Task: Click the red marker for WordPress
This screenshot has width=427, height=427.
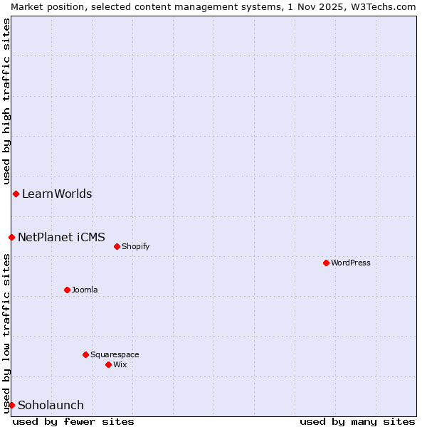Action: (x=326, y=263)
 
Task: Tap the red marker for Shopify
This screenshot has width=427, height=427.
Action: (x=117, y=246)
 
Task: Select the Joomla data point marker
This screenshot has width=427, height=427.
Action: (x=67, y=290)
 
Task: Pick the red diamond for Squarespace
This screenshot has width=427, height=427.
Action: (x=85, y=354)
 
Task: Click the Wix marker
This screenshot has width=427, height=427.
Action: (x=108, y=364)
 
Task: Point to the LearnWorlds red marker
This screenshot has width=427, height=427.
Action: (x=16, y=194)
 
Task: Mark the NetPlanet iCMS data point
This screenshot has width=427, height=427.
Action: (x=11, y=237)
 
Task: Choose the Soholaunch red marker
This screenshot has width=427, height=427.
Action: (x=11, y=405)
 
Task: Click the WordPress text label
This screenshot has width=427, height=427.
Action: (x=351, y=263)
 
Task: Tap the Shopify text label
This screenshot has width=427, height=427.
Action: (x=135, y=246)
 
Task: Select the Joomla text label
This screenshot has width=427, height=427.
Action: (x=85, y=290)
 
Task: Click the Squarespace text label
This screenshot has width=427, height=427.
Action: (x=115, y=354)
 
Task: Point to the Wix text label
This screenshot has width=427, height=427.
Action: (x=120, y=364)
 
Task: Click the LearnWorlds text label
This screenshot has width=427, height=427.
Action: (x=57, y=194)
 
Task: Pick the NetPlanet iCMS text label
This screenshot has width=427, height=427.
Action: (x=61, y=237)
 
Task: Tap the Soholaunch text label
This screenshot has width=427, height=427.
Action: (x=51, y=405)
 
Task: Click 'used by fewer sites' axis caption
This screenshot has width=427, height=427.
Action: (x=73, y=421)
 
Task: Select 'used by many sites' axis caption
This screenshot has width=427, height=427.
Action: (x=357, y=421)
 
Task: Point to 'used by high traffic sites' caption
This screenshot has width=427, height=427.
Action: (x=6, y=100)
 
